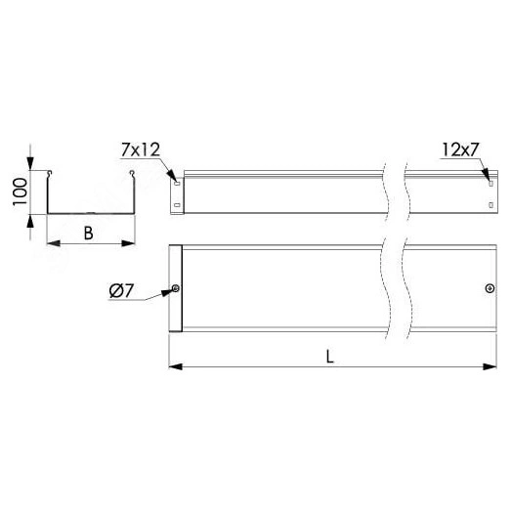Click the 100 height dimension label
pos(21,192)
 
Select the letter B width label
pos(89,234)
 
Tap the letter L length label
pos(330,357)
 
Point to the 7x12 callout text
pos(141,149)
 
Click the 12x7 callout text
pos(460,149)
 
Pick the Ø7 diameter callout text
pos(121,290)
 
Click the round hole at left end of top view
pos(176,288)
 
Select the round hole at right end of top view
pos(490,288)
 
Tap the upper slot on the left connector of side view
pos(177,184)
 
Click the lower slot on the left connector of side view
pos(177,205)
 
